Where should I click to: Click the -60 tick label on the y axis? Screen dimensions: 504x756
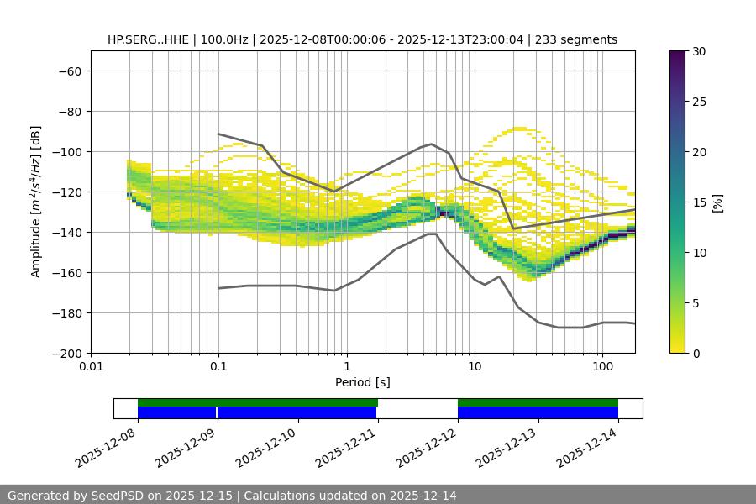(x=69, y=71)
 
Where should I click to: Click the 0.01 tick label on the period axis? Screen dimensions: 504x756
(x=91, y=367)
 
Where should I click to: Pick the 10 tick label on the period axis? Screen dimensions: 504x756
(x=475, y=367)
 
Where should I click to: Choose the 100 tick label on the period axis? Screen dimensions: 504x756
(x=602, y=367)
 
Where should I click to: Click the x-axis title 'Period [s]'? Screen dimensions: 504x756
(x=363, y=382)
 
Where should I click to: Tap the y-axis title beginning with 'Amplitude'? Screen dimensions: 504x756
(x=36, y=202)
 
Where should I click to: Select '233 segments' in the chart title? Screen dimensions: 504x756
(x=579, y=39)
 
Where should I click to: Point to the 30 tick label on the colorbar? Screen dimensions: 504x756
(x=698, y=51)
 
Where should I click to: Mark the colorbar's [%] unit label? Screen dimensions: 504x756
(x=717, y=202)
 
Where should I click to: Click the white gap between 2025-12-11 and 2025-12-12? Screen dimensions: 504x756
(x=417, y=408)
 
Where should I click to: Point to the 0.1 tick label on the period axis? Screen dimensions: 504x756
(x=218, y=367)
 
